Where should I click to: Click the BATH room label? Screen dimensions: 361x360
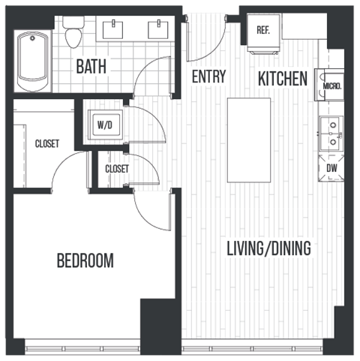click(91, 66)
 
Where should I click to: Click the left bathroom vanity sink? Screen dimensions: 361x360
click(115, 29)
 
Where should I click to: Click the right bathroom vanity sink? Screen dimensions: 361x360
click(157, 29)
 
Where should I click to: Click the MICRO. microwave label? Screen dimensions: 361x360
click(331, 86)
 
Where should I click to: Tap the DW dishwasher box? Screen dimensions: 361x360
click(331, 169)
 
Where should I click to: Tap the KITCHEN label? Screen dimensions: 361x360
click(283, 78)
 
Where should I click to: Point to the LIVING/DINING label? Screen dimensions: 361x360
click(268, 248)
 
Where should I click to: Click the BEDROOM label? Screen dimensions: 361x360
click(85, 261)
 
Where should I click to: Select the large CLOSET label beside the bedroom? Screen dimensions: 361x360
click(46, 144)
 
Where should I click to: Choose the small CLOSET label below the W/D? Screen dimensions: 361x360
click(116, 169)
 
